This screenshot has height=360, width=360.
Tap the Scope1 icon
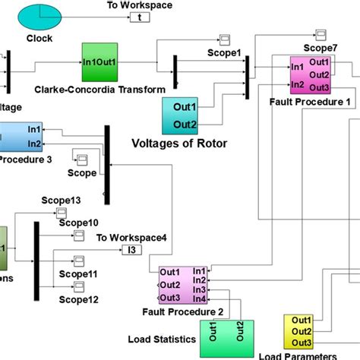225,39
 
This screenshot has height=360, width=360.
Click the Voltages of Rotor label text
179,142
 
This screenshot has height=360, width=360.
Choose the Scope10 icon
79,238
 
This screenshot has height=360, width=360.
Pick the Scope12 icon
78,286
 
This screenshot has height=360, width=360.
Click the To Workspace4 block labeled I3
134,250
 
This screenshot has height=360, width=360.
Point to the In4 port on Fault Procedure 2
198,298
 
